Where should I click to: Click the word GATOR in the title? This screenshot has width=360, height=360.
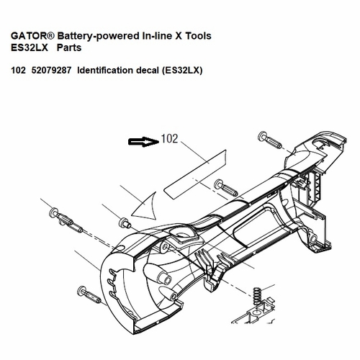pyautogui.click(x=30, y=36)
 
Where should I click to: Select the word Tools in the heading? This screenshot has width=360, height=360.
pyautogui.click(x=198, y=36)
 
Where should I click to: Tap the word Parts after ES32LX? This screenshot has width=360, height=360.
pyautogui.click(x=69, y=48)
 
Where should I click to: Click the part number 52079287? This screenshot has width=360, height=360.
pyautogui.click(x=51, y=71)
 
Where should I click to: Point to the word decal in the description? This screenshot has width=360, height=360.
pyautogui.click(x=148, y=71)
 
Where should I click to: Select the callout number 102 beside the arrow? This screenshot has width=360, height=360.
pyautogui.click(x=169, y=139)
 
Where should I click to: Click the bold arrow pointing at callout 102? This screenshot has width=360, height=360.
pyautogui.click(x=143, y=142)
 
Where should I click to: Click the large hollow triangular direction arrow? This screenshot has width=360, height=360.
pyautogui.click(x=146, y=207)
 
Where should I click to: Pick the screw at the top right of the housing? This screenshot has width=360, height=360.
pyautogui.click(x=269, y=140)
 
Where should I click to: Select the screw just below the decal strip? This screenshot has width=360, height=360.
pyautogui.click(x=225, y=187)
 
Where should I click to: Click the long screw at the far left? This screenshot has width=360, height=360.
pyautogui.click(x=66, y=220)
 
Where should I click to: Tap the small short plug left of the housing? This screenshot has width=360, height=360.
pyautogui.click(x=125, y=222)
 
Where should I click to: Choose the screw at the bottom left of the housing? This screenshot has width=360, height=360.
pyautogui.click(x=89, y=294)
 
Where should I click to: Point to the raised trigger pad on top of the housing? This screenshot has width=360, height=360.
pyautogui.click(x=184, y=235)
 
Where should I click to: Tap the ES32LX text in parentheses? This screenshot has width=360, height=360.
pyautogui.click(x=182, y=71)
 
